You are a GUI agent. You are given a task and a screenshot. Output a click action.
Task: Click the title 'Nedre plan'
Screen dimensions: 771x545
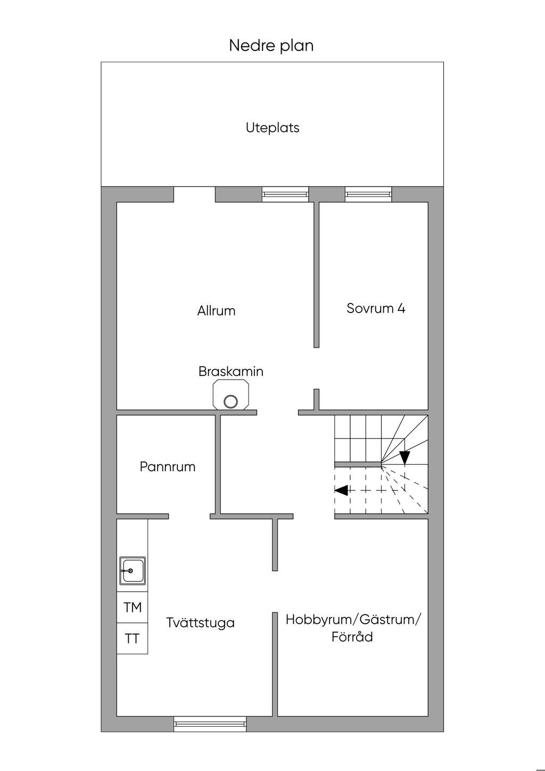271,45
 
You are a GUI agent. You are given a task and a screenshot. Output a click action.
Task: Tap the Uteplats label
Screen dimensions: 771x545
272,128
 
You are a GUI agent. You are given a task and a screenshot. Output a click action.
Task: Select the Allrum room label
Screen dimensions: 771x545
216,310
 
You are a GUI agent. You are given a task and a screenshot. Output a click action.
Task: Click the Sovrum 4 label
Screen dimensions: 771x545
376,308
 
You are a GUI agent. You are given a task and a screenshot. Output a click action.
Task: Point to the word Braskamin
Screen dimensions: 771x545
230,371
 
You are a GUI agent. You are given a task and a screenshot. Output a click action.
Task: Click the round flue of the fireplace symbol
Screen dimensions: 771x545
230,401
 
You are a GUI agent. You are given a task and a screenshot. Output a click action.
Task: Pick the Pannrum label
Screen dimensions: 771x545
168,467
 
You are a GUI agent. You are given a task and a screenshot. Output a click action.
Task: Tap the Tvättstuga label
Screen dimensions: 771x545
200,622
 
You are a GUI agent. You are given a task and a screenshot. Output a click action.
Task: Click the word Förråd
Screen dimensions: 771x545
352,637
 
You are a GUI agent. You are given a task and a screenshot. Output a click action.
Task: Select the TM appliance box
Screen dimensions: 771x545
133,607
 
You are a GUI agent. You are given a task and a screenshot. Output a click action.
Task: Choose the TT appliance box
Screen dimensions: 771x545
133,638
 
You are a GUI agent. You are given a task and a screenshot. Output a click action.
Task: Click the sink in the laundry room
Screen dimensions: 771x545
132,571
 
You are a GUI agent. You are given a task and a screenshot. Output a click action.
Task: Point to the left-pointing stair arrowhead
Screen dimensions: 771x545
341,490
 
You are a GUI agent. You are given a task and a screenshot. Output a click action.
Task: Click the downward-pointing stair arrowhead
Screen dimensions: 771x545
404,457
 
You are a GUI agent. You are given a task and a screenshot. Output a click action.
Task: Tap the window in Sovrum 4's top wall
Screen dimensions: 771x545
368,194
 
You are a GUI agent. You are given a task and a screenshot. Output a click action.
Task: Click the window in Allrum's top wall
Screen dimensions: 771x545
285,194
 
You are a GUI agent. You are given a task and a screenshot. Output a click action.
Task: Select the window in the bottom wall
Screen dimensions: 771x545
210,723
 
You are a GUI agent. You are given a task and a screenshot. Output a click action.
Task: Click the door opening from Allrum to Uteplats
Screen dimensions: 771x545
194,194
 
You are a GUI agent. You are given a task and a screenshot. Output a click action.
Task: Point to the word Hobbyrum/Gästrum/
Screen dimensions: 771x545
353,619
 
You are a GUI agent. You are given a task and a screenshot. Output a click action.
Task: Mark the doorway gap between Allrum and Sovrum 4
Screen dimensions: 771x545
316,368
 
